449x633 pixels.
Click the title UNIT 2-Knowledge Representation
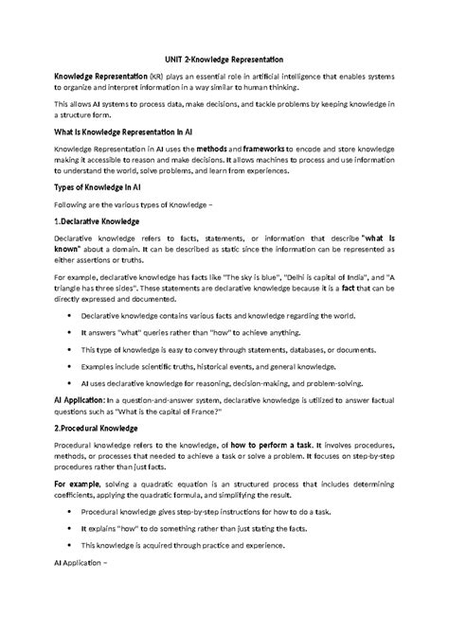pos(224,59)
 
